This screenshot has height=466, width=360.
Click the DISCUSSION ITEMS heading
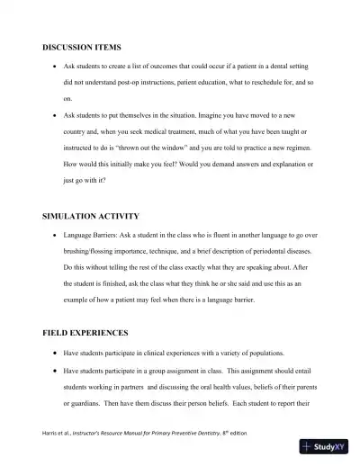tap(82, 46)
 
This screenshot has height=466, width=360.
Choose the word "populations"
tap(261, 353)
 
